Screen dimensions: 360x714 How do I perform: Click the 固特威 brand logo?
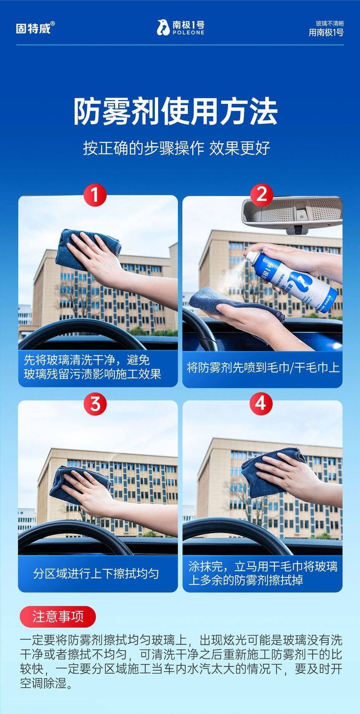pyautogui.click(x=35, y=28)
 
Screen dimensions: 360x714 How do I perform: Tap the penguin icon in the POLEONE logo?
pyautogui.click(x=163, y=28)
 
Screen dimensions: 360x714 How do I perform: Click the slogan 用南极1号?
pyautogui.click(x=326, y=32)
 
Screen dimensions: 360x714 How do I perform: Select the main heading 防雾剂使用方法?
pyautogui.click(x=175, y=112)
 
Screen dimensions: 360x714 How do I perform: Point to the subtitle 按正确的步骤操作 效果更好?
pyautogui.click(x=177, y=148)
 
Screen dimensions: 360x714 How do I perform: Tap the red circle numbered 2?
pyautogui.click(x=261, y=194)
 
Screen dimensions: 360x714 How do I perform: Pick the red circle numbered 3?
pyautogui.click(x=95, y=404)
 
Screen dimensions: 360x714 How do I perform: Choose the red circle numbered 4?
pyautogui.click(x=260, y=404)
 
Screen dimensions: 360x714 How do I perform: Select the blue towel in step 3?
pyautogui.click(x=80, y=485)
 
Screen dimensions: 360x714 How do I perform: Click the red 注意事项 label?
pyautogui.click(x=58, y=616)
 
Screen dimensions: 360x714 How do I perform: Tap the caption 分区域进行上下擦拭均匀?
pyautogui.click(x=96, y=574)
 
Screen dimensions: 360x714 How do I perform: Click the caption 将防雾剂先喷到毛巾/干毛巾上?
pyautogui.click(x=263, y=367)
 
